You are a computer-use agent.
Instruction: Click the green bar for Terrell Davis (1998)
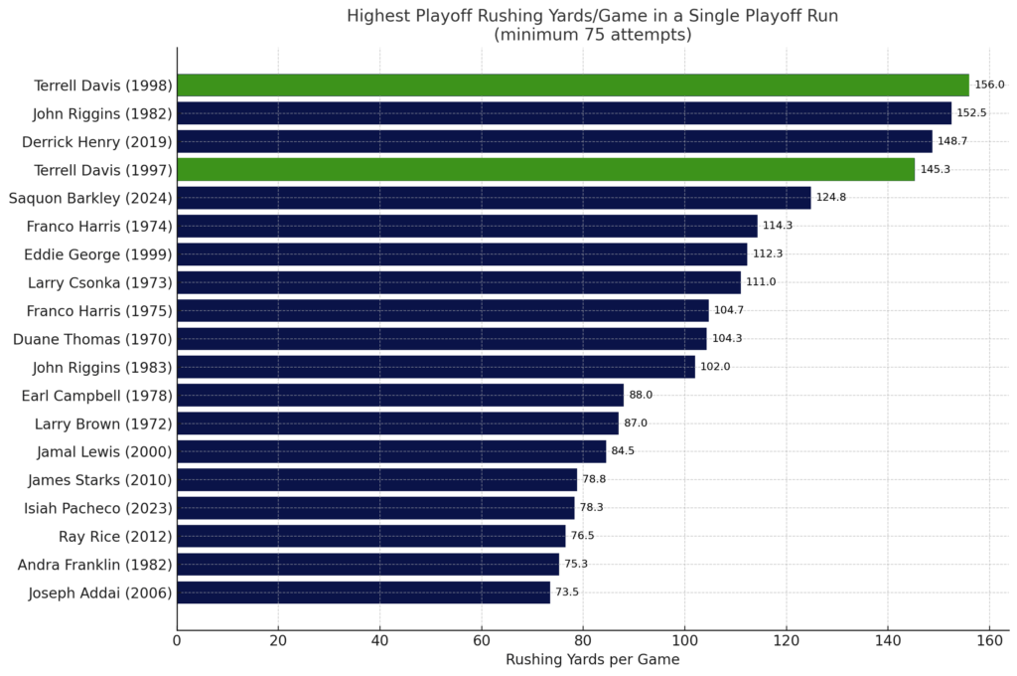pyautogui.click(x=572, y=85)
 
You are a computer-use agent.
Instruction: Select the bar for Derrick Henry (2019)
pyautogui.click(x=554, y=141)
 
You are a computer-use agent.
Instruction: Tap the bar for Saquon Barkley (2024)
pyautogui.click(x=494, y=198)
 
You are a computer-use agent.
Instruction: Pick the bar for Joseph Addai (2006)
pyautogui.click(x=363, y=593)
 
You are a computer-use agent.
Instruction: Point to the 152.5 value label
pyautogui.click(x=970, y=113)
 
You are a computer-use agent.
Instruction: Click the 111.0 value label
pyautogui.click(x=760, y=282)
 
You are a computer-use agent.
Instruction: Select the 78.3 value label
pyautogui.click(x=593, y=508)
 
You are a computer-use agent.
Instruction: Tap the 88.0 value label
pyautogui.click(x=641, y=396)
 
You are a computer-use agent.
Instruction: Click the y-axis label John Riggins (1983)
pyautogui.click(x=102, y=367)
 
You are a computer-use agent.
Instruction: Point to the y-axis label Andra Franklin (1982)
pyautogui.click(x=94, y=565)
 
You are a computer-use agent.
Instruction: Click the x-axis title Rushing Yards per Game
pyautogui.click(x=592, y=660)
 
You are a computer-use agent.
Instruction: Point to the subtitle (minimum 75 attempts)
pyautogui.click(x=592, y=36)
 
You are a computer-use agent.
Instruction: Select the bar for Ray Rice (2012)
pyautogui.click(x=370, y=537)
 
